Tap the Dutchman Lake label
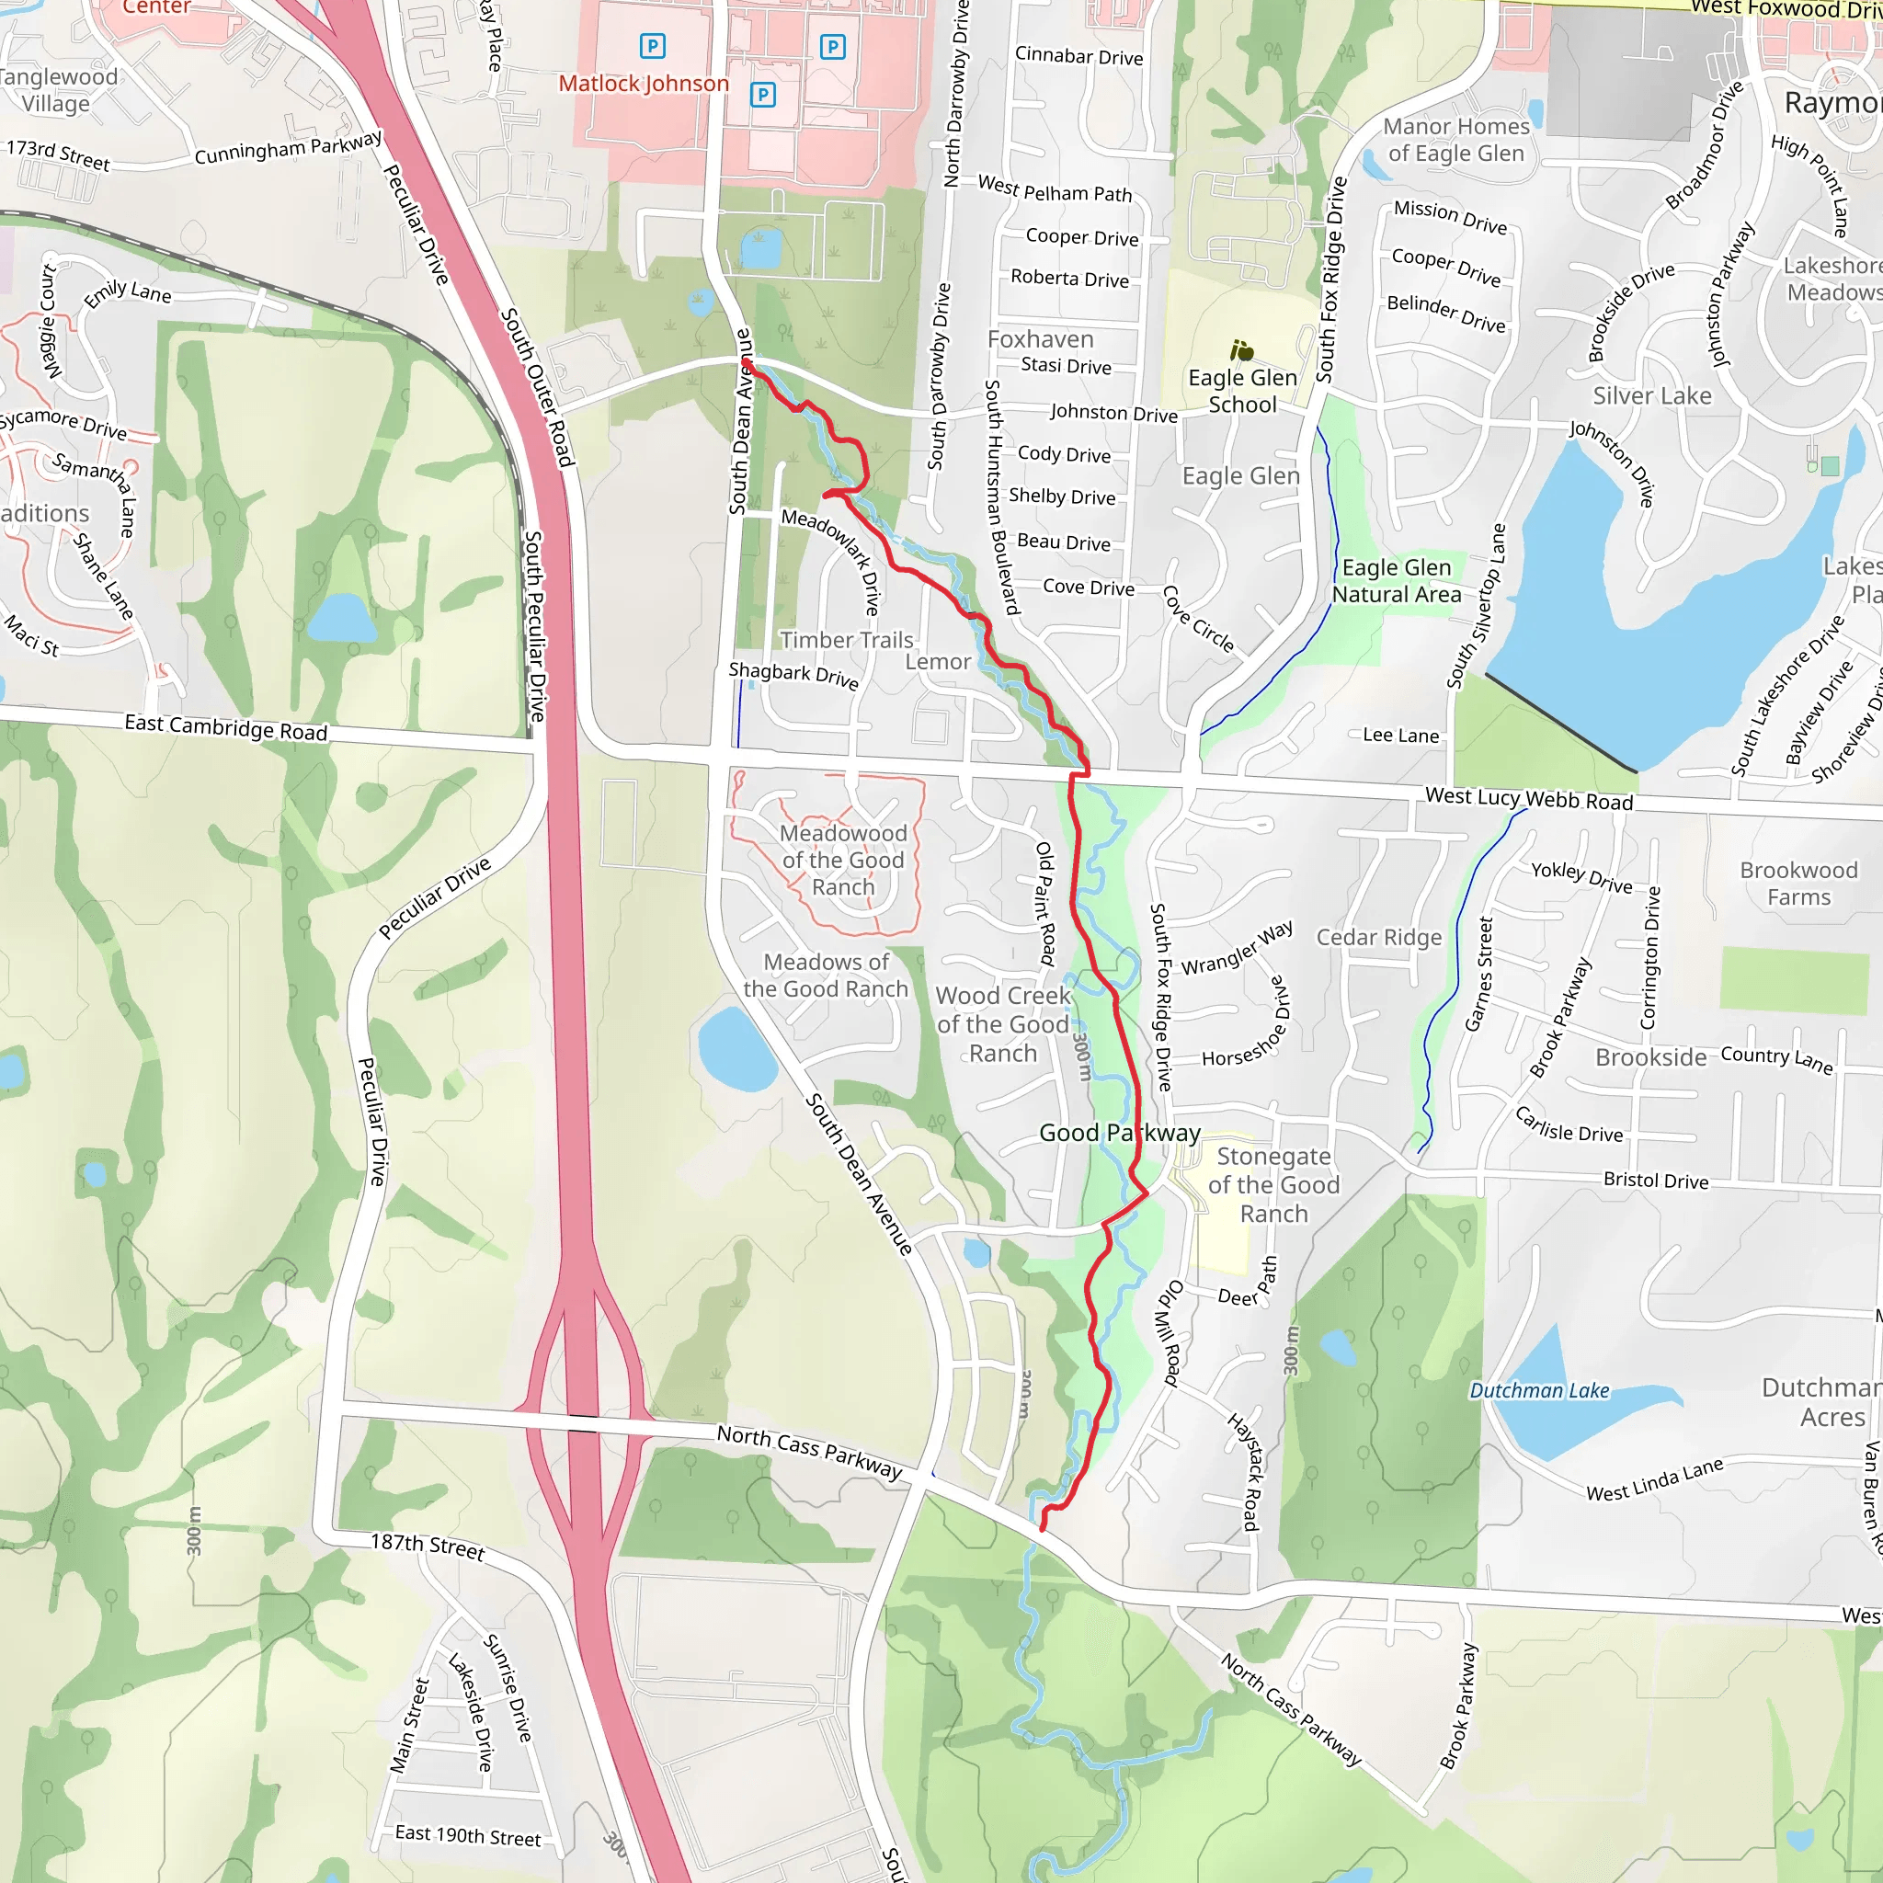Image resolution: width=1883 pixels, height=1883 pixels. point(1539,1391)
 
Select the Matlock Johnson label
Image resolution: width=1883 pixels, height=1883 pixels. point(644,84)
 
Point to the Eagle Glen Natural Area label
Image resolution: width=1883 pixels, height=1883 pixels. point(1396,581)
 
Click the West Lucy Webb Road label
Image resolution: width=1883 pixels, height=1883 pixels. point(1528,799)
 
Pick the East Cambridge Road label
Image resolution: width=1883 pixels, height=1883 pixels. point(225,728)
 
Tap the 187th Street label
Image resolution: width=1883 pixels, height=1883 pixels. point(427,1546)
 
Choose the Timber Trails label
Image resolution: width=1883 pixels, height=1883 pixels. point(846,640)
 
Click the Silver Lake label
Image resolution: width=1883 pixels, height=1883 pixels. point(1652,395)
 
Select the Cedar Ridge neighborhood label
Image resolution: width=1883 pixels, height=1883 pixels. point(1378,938)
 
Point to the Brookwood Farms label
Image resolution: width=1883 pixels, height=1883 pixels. point(1798,884)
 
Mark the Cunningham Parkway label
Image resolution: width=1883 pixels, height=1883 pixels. point(289,147)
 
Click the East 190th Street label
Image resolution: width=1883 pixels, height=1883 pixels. point(468,1835)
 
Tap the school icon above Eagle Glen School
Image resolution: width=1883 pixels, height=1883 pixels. point(1241,350)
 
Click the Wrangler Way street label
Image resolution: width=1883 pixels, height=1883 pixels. point(1237,948)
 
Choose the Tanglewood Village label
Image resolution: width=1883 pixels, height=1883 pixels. point(56,91)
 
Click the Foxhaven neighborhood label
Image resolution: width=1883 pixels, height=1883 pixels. point(1040,339)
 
